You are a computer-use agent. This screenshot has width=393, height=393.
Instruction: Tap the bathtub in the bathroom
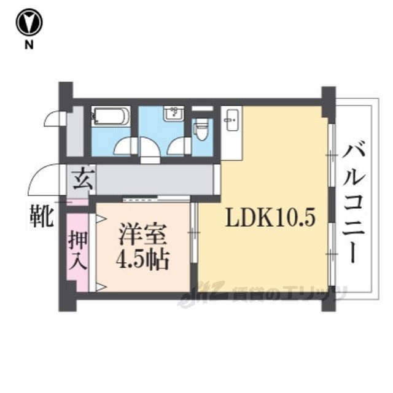point(111,116)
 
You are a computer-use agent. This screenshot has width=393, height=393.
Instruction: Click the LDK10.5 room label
point(270,217)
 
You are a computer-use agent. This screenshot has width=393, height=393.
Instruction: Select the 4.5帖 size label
point(143,260)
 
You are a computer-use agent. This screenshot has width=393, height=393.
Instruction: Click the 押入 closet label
point(77,250)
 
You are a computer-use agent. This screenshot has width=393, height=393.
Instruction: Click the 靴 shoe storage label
point(42,216)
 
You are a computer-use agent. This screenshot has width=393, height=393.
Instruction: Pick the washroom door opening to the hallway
point(150,149)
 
